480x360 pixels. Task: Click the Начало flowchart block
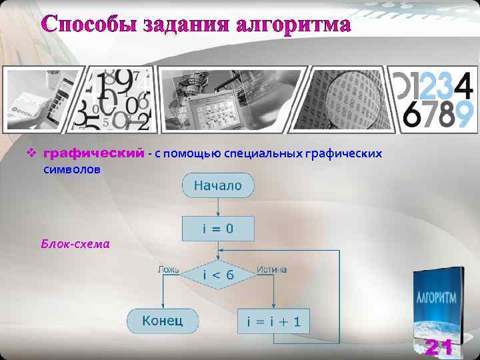(x=217, y=186)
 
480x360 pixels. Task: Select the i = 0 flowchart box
(x=217, y=229)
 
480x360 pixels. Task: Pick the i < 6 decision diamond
(x=217, y=274)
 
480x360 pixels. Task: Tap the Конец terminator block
(x=162, y=321)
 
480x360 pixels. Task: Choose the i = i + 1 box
(x=273, y=322)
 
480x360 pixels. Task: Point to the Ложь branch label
(x=169, y=269)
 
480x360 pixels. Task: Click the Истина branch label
(x=271, y=269)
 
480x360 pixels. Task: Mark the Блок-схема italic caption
(x=75, y=244)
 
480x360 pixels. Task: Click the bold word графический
(x=93, y=154)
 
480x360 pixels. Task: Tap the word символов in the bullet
(x=72, y=170)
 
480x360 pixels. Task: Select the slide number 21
(x=439, y=347)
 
